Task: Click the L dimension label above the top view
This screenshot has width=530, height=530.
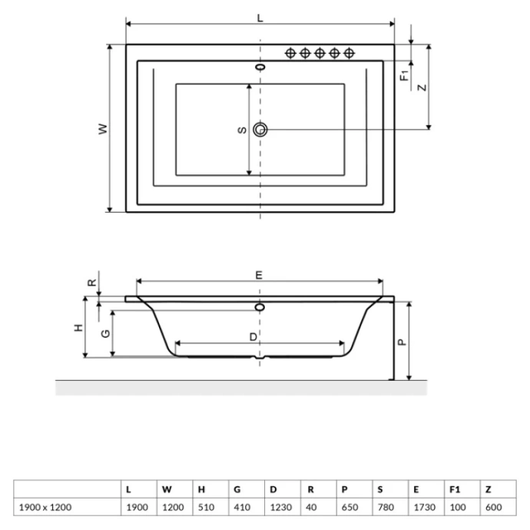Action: [x=260, y=18]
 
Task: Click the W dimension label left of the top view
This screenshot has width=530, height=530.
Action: [x=102, y=129]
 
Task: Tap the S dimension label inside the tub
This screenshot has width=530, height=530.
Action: [x=241, y=130]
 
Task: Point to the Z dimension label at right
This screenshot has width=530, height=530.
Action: [x=421, y=87]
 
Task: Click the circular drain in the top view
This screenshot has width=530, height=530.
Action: [x=261, y=130]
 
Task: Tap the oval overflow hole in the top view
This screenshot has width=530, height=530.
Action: [x=261, y=68]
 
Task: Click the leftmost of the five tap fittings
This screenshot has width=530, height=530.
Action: [x=291, y=53]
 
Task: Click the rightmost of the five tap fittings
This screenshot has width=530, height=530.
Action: [x=349, y=53]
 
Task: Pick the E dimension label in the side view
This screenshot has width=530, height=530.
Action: [x=260, y=274]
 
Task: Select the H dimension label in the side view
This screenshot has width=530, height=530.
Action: [x=78, y=328]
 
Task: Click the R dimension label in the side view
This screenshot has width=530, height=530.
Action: [x=92, y=282]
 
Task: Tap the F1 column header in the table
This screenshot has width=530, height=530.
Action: [x=454, y=489]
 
